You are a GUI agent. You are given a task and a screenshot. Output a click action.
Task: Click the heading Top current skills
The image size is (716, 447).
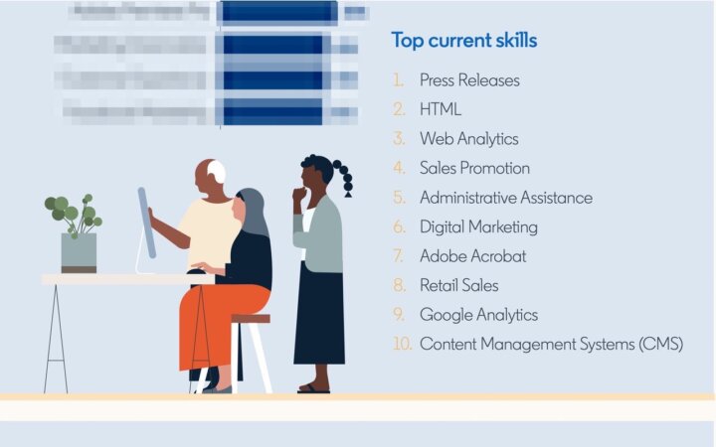pos(464,41)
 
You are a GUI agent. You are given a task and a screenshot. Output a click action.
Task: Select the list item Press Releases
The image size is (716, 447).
pos(469,80)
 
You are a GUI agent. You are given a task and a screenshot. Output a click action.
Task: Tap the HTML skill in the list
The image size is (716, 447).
pos(441,109)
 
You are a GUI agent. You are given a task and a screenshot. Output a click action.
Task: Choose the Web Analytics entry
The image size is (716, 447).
pos(468,139)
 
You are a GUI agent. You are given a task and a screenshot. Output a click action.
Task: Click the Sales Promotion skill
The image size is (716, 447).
pos(474,168)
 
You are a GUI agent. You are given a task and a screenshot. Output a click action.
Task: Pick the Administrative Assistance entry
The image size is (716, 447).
pos(505,198)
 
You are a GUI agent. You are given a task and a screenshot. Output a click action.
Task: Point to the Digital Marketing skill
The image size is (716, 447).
pos(478,226)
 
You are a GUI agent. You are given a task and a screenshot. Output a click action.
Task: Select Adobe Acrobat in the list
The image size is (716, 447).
pos(472,256)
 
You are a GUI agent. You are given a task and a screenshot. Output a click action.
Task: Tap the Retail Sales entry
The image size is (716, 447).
pos(458,285)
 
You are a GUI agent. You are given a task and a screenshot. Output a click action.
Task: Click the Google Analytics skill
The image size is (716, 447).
pos(478,315)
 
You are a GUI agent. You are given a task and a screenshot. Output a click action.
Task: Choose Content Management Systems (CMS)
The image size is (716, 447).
pos(551,345)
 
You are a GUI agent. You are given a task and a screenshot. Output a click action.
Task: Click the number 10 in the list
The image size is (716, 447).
pos(402,345)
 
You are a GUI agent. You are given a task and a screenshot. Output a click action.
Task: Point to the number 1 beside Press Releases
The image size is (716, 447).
pos(399,80)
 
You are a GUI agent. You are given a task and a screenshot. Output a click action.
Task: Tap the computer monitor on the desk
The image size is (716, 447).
pos(146,223)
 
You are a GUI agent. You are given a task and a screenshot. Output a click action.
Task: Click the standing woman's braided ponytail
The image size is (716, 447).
pos(345,179)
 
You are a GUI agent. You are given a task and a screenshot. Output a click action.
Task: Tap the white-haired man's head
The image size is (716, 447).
pos(209,175)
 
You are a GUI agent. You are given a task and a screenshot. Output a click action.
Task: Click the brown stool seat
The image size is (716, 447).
pos(250,319)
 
